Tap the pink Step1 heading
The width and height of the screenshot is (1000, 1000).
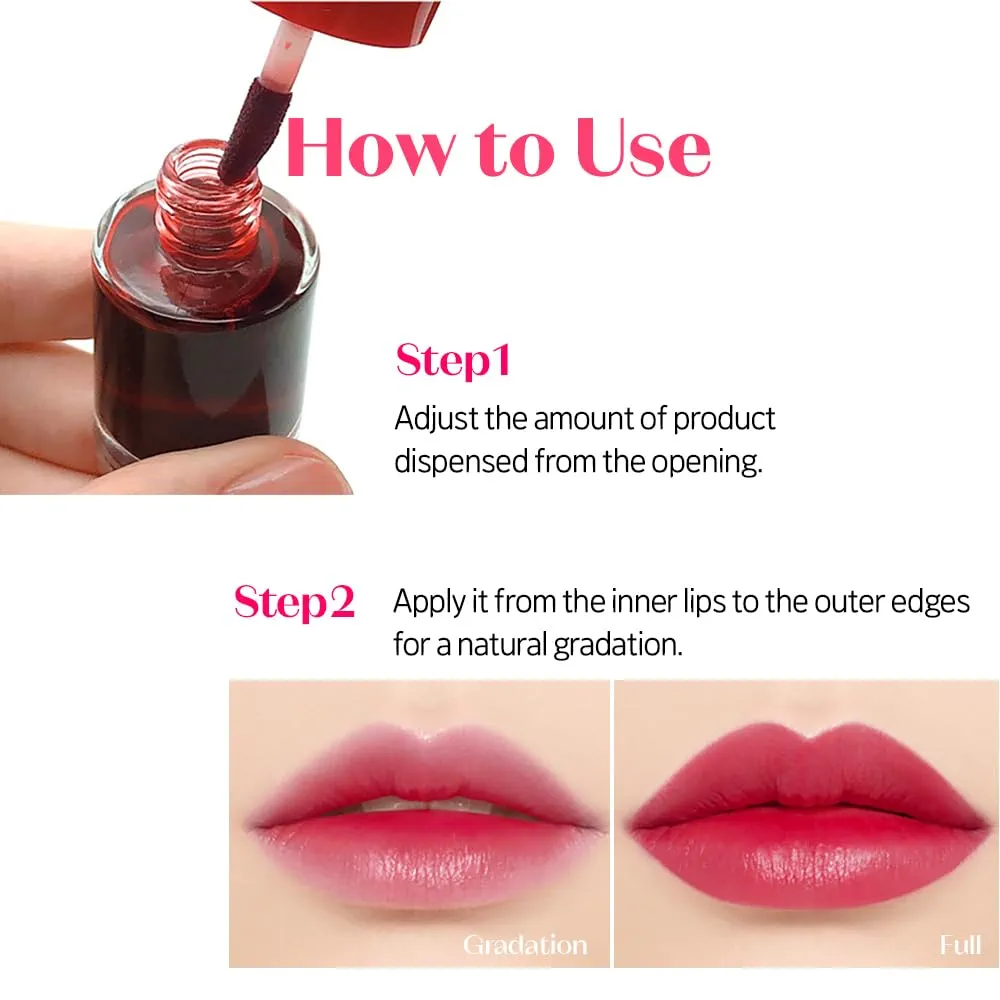tap(453, 360)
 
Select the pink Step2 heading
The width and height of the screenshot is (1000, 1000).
tap(294, 602)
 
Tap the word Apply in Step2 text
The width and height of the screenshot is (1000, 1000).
tap(427, 601)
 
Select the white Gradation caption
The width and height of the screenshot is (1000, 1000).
tap(524, 944)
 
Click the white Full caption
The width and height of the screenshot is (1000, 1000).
tap(960, 944)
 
